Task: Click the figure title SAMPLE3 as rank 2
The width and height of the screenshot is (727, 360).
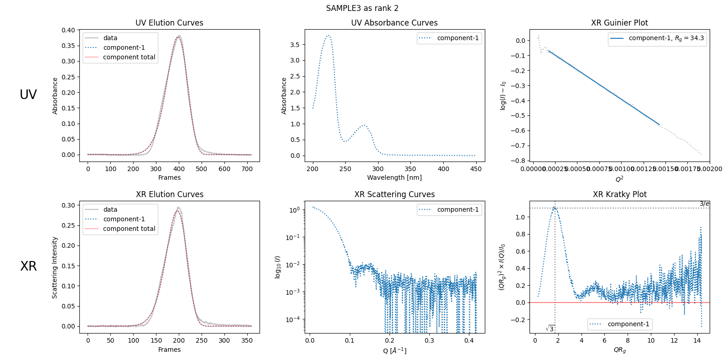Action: (x=362, y=8)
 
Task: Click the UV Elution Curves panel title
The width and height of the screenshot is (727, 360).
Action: (x=169, y=23)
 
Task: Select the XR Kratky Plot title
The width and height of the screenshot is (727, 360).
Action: (x=619, y=194)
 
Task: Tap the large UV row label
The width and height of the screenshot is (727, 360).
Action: (x=28, y=94)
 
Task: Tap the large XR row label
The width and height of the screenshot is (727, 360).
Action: (x=28, y=266)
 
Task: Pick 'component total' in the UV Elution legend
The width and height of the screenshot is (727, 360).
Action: (x=129, y=57)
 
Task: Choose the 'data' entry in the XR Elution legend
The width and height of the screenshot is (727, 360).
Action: (x=110, y=209)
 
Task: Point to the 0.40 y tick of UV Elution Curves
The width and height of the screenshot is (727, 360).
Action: (x=68, y=30)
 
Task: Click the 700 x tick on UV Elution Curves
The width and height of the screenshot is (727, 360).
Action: (x=247, y=169)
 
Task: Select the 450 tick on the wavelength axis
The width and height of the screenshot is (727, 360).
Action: (x=476, y=169)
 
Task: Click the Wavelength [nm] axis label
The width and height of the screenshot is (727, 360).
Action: (x=394, y=177)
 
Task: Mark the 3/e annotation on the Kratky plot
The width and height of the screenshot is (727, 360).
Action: (x=704, y=204)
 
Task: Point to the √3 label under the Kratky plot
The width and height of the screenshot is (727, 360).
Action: (x=550, y=329)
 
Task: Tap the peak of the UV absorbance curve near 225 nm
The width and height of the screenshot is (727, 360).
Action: (x=328, y=35)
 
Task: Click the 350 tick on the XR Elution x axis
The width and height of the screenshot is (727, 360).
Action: (x=247, y=340)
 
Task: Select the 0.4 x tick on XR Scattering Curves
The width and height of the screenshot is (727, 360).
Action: (x=469, y=340)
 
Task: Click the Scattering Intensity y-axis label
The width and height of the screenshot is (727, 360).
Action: (x=55, y=267)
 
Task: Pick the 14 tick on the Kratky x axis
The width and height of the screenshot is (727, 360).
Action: (x=697, y=340)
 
